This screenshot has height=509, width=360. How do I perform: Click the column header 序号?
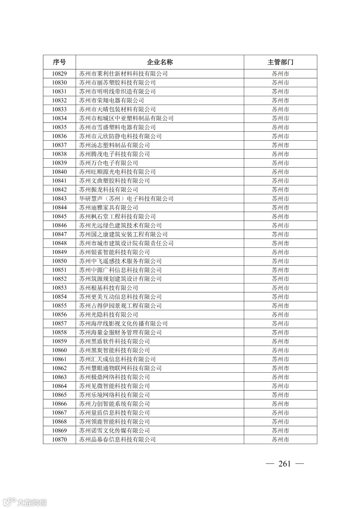click(59, 62)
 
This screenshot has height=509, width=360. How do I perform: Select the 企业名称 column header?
click(160, 62)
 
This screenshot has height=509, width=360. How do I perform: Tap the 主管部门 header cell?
click(280, 62)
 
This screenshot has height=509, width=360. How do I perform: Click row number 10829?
click(59, 74)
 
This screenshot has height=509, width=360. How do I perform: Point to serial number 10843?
click(59, 199)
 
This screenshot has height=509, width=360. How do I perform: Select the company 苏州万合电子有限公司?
click(108, 163)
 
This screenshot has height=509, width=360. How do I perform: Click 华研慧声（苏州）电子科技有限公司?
click(126, 199)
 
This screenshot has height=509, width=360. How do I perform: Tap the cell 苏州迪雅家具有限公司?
click(108, 208)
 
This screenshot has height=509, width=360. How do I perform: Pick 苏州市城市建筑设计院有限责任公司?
click(126, 243)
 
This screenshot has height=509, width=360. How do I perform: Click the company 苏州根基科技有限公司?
click(108, 288)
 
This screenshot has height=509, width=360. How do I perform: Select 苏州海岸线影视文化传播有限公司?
click(123, 324)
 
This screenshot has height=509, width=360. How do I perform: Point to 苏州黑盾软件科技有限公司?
click(114, 341)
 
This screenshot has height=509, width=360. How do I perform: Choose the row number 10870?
click(59, 440)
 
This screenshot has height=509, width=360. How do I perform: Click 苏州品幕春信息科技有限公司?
click(117, 440)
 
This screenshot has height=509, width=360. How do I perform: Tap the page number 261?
click(285, 464)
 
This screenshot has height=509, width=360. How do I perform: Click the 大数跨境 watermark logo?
click(25, 502)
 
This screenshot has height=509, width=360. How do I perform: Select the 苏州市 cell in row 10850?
click(280, 261)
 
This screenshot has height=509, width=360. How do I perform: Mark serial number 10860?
click(59, 350)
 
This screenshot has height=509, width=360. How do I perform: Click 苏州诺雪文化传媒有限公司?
click(114, 431)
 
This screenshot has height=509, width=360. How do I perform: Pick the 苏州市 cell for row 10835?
click(280, 127)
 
